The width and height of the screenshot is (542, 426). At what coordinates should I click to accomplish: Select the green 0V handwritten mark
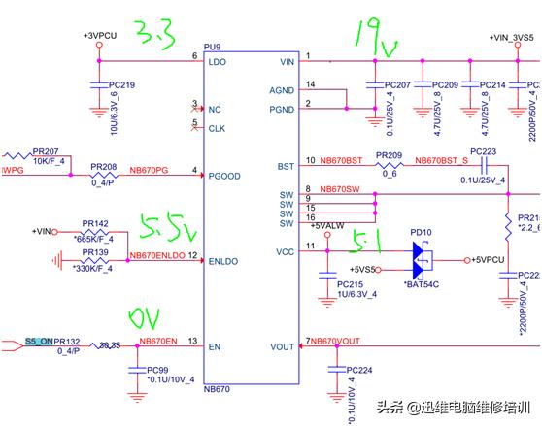(x=147, y=318)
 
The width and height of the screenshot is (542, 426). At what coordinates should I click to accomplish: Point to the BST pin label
(x=286, y=165)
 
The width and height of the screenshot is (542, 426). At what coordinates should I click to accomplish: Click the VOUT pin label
(x=283, y=346)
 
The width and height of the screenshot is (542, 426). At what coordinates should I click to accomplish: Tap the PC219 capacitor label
(x=121, y=85)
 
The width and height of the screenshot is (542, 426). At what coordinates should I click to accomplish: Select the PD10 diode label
(x=422, y=233)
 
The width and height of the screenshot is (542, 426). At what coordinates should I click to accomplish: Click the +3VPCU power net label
(x=100, y=35)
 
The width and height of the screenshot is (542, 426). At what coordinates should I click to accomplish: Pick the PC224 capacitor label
(x=359, y=370)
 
